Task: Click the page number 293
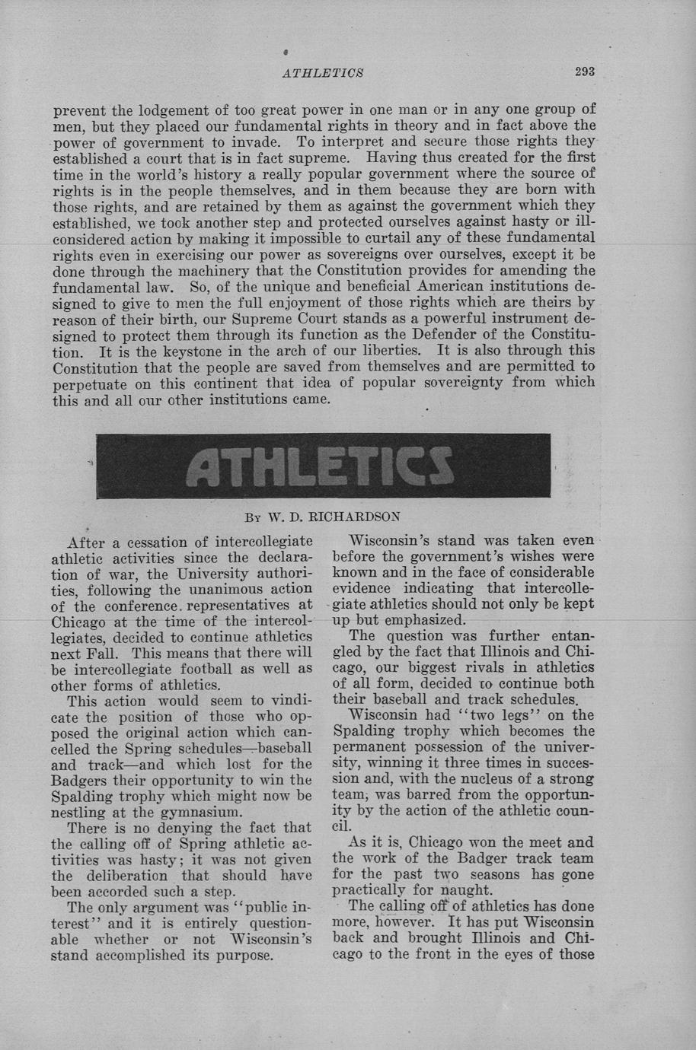click(584, 72)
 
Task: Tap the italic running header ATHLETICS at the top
click(322, 73)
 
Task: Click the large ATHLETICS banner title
click(323, 466)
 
